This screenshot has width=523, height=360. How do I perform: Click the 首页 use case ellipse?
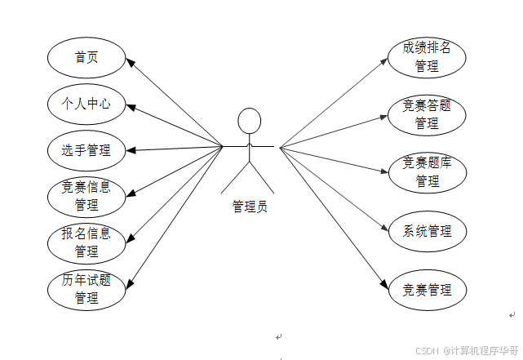pyautogui.click(x=86, y=57)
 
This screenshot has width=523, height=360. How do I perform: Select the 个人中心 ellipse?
pyautogui.click(x=86, y=104)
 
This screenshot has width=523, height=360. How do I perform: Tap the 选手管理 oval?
pyautogui.click(x=86, y=150)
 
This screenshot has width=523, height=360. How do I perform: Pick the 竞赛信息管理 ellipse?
pyautogui.click(x=86, y=196)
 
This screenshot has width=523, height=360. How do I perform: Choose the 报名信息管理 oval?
pyautogui.click(x=86, y=242)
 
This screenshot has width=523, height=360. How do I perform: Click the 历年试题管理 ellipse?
pyautogui.click(x=86, y=289)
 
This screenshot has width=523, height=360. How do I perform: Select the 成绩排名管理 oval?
pyautogui.click(x=427, y=57)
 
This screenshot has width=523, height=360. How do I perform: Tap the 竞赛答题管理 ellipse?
pyautogui.click(x=427, y=114)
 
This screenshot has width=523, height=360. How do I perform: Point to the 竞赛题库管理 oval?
pyautogui.click(x=427, y=172)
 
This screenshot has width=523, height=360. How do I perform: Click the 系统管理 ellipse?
pyautogui.click(x=427, y=230)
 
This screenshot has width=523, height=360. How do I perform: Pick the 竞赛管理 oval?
pyautogui.click(x=427, y=289)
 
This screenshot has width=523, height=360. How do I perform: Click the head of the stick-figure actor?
pyautogui.click(x=249, y=121)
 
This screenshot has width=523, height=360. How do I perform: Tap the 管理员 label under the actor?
pyautogui.click(x=249, y=207)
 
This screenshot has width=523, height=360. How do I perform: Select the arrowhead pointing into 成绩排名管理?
pyautogui.click(x=387, y=60)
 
